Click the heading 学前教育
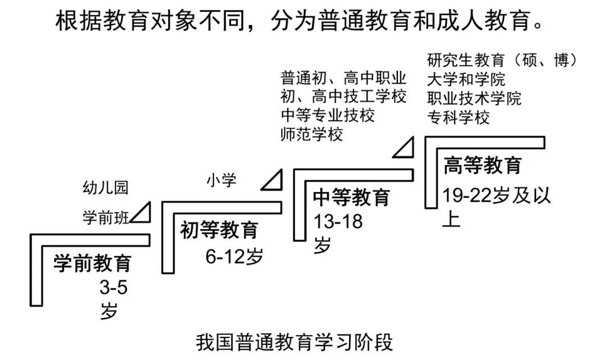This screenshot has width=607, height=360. click(x=93, y=263)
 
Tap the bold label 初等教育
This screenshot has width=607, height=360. click(x=219, y=230)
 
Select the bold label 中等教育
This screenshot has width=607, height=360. click(x=351, y=198)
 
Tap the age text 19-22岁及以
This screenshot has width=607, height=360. click(x=496, y=195)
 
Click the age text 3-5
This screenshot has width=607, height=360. click(x=114, y=288)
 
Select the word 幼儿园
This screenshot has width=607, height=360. click(x=106, y=188)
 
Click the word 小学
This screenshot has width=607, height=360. click(x=221, y=181)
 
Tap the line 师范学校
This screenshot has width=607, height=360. click(x=311, y=135)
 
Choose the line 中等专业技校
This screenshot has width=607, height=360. click(x=328, y=116)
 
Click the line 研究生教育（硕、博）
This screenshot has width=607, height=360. click(x=502, y=60)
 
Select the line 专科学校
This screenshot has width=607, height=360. click(x=458, y=117)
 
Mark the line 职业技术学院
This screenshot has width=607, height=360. click(x=474, y=98)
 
